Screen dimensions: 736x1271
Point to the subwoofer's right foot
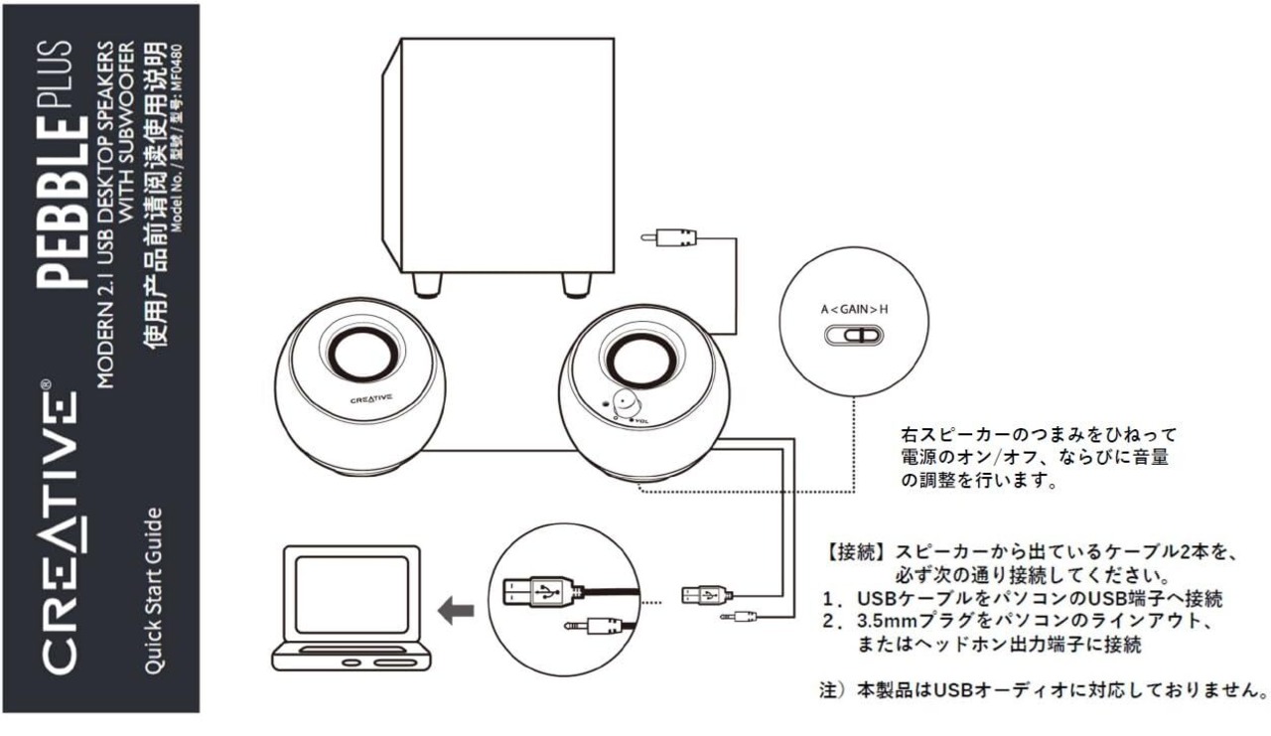click(x=574, y=285)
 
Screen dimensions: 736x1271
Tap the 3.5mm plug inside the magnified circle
click(x=592, y=627)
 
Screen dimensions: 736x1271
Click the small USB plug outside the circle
click(x=706, y=594)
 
